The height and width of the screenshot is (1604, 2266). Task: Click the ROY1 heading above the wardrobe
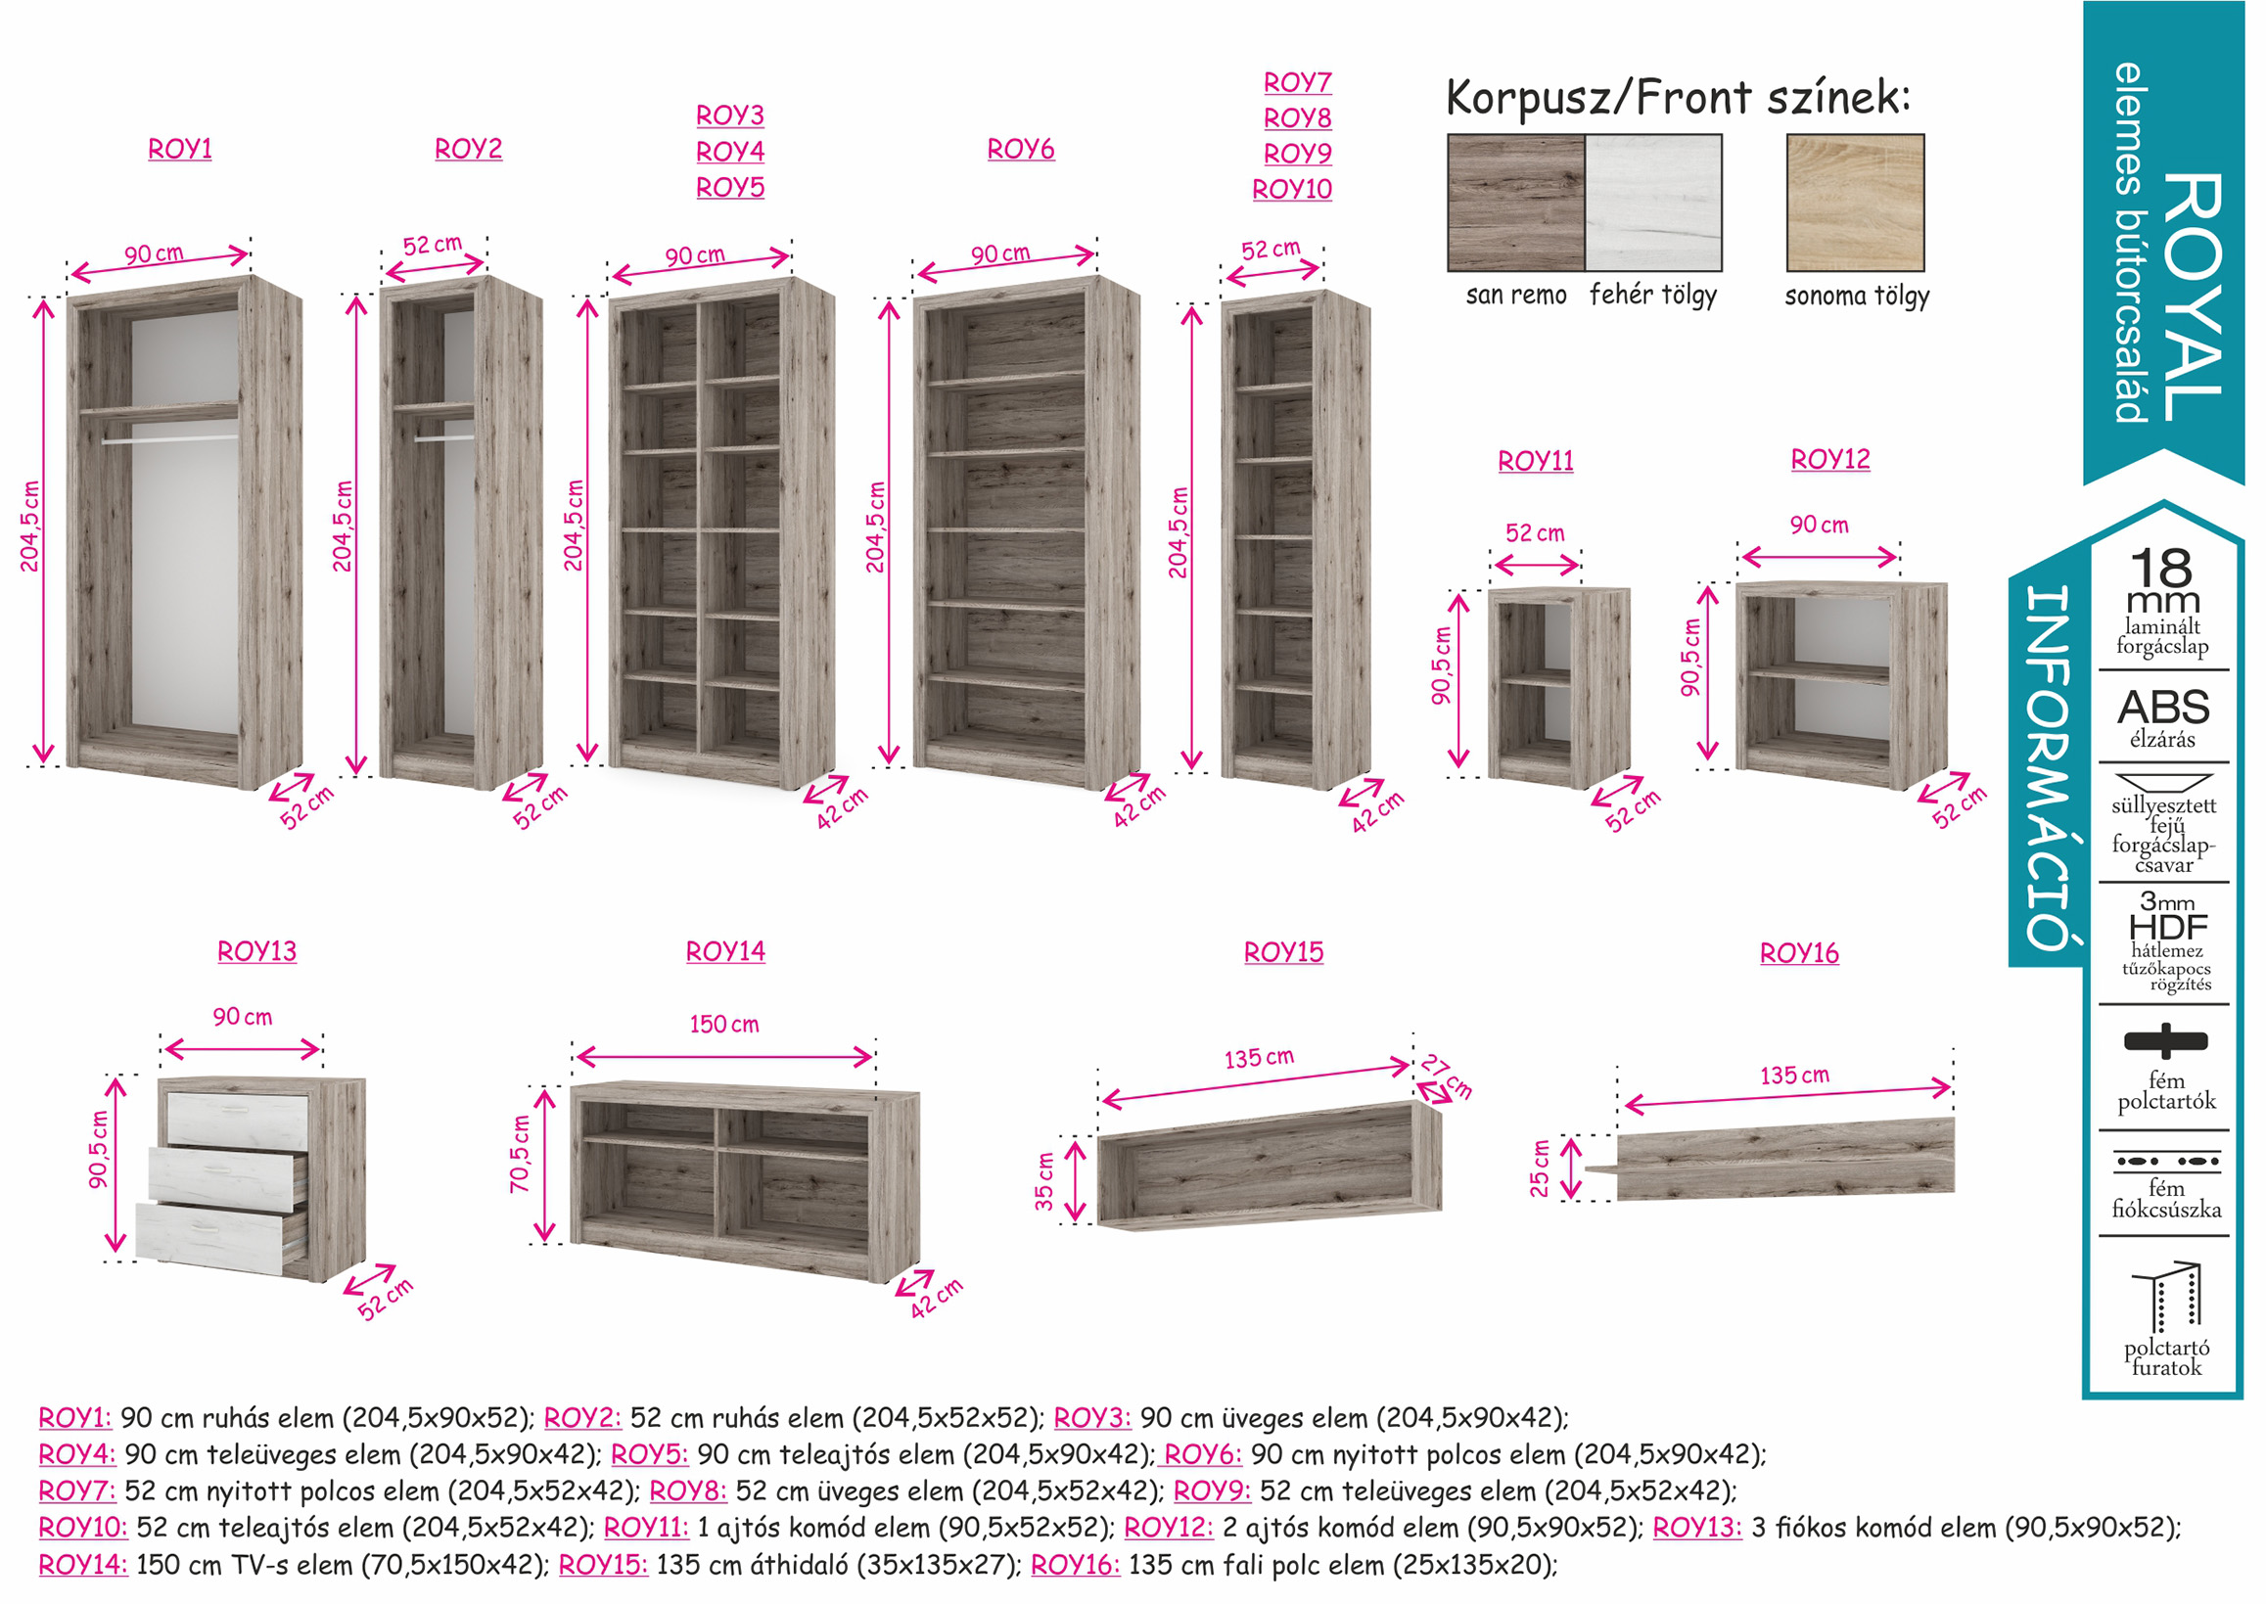180,149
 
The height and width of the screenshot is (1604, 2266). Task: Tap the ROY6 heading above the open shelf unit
1020,149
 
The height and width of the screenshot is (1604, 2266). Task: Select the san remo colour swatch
1515,203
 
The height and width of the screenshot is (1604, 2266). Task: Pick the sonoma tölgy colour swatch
1855,203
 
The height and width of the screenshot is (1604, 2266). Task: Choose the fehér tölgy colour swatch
1653,203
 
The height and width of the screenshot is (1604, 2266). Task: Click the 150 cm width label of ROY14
724,1025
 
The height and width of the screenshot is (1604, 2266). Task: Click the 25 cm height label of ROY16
1540,1169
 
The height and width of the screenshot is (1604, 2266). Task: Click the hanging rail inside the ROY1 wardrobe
169,439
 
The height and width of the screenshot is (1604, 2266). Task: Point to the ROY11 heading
1535,461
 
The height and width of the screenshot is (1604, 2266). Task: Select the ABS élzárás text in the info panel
2162,719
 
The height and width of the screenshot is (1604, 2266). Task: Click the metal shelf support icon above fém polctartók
2164,1040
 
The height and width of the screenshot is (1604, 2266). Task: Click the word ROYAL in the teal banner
2193,298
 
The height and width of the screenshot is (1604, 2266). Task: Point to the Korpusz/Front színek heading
1679,98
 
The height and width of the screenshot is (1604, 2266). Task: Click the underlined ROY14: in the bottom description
83,1565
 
